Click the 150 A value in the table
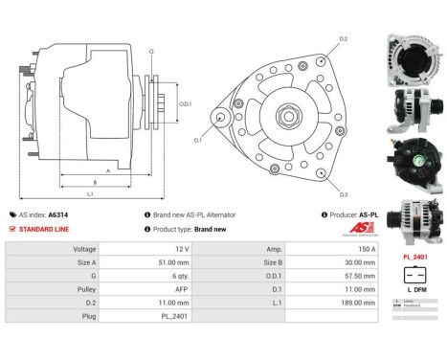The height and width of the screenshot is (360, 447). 342,248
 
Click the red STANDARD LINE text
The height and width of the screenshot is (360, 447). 43,230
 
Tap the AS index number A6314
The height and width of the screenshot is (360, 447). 85,215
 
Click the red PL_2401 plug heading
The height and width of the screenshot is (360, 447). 413,257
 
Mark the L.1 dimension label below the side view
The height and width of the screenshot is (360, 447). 90,194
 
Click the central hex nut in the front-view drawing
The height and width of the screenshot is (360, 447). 288,117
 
